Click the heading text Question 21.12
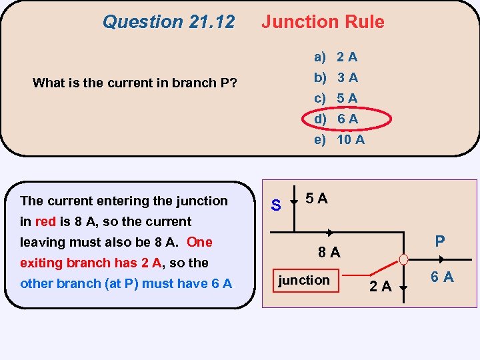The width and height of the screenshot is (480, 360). (x=169, y=22)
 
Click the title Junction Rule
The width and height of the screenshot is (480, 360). (x=323, y=22)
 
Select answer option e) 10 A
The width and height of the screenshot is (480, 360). (x=339, y=139)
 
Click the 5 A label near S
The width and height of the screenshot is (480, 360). (x=316, y=199)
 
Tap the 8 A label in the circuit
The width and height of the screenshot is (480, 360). (x=329, y=252)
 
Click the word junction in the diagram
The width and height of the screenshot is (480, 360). (x=304, y=280)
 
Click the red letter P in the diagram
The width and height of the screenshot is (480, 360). (x=439, y=241)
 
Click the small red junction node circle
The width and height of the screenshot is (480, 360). (x=403, y=259)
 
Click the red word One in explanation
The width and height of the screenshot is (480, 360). (x=199, y=242)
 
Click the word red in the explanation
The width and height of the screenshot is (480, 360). (x=45, y=221)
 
